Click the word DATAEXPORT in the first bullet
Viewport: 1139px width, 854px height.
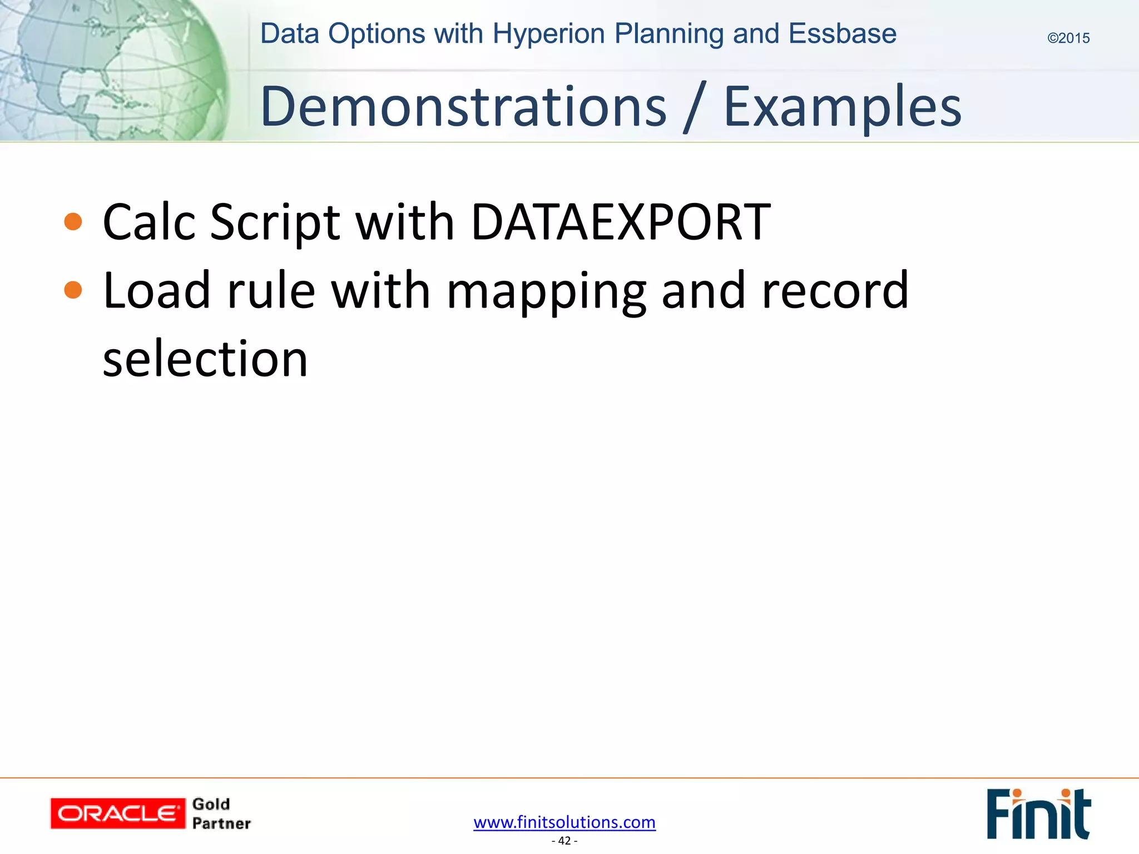(621, 222)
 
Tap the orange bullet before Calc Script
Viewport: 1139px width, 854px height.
(73, 222)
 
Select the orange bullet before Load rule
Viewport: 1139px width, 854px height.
(73, 290)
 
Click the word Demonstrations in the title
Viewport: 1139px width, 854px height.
(463, 107)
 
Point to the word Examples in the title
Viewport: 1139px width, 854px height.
(842, 107)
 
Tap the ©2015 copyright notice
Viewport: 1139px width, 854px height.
(1068, 38)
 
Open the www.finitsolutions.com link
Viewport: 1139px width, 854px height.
(564, 822)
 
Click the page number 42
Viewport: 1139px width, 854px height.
(564, 841)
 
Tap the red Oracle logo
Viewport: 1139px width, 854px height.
(117, 813)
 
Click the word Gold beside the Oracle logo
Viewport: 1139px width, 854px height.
(211, 804)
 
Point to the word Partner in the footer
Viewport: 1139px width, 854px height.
(221, 823)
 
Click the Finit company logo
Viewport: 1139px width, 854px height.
(1038, 813)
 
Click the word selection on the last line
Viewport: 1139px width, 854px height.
(205, 359)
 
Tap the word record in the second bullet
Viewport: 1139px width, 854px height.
(835, 290)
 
